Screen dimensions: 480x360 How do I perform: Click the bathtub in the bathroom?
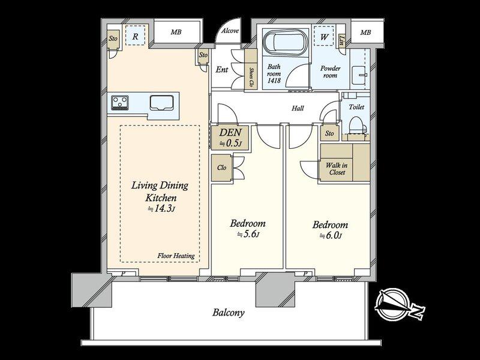click(286, 42)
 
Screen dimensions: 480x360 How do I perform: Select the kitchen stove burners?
click(119, 103)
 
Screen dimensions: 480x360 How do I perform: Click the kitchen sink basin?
click(161, 103)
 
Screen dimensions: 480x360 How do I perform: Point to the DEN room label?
click(230, 133)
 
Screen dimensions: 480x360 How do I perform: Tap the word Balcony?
click(229, 313)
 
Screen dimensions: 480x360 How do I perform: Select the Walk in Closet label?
click(337, 169)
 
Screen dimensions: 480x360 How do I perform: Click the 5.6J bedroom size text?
click(248, 235)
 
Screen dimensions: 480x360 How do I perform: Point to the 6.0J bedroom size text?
click(331, 236)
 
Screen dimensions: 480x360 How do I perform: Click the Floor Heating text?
click(176, 256)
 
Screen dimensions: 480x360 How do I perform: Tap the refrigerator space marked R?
click(136, 37)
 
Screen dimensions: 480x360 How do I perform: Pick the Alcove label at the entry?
click(230, 31)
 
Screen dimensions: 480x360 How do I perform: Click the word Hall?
click(298, 108)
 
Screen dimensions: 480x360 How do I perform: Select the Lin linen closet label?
click(341, 40)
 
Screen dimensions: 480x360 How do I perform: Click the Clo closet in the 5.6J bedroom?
click(221, 168)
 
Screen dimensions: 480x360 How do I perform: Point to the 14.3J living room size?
click(161, 209)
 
